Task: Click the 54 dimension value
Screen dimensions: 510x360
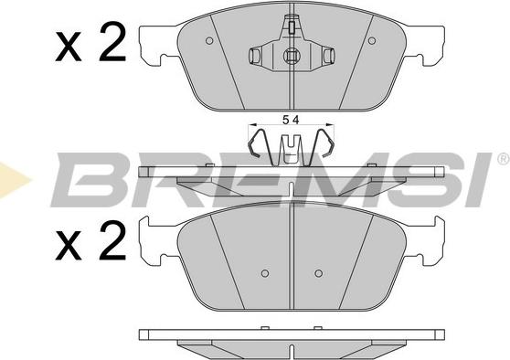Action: click(x=291, y=121)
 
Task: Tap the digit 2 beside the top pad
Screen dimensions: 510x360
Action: click(x=112, y=43)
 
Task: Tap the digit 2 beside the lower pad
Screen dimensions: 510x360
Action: click(x=112, y=240)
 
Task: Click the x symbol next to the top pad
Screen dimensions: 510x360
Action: click(x=68, y=48)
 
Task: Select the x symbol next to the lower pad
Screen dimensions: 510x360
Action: click(x=68, y=246)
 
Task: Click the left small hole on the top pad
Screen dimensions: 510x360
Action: click(x=209, y=40)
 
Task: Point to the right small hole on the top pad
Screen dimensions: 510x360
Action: click(x=372, y=40)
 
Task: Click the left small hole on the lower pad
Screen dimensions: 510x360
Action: click(x=265, y=273)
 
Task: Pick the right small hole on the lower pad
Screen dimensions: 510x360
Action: click(x=319, y=273)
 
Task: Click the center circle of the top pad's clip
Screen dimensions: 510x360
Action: click(x=291, y=56)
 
